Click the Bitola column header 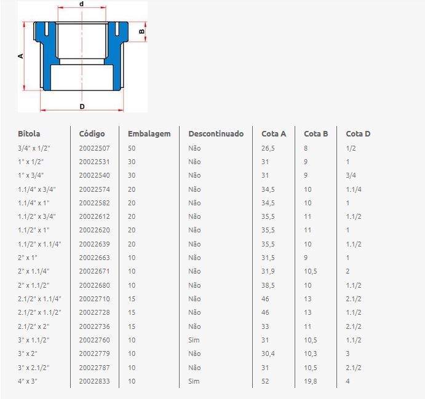click(29, 134)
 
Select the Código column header click(92, 134)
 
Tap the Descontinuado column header click(216, 134)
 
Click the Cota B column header click(316, 134)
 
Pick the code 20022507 click(94, 148)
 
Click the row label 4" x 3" click(28, 381)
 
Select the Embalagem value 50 click(132, 148)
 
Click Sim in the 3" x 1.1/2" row click(194, 340)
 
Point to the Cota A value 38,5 click(268, 285)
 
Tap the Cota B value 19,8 click(311, 381)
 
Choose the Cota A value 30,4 click(268, 354)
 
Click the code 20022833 click(94, 381)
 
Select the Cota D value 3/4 click(351, 175)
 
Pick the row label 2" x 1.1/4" click(34, 271)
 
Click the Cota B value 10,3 click(311, 354)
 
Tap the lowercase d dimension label click(81, 4)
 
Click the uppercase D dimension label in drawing click(82, 106)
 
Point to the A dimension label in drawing click(20, 56)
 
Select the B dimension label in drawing click(141, 32)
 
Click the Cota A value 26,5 click(268, 148)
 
